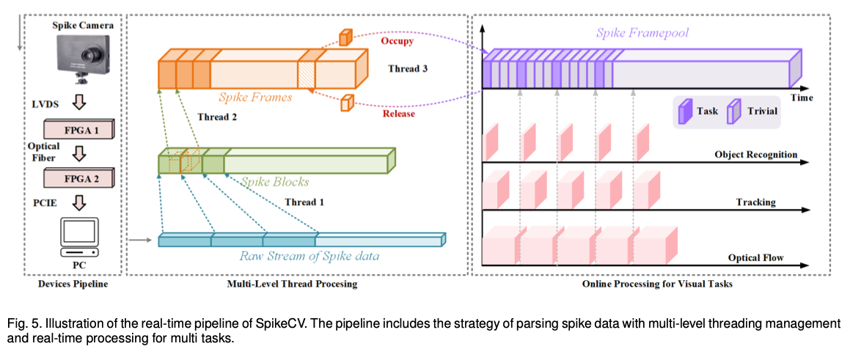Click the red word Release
[x=398, y=114]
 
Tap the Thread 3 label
[x=408, y=69]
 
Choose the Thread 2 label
[x=218, y=117]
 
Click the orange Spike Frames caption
[x=255, y=97]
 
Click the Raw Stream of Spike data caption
[x=308, y=256]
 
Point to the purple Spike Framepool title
[x=642, y=33]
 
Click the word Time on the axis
[x=801, y=98]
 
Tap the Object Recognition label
[x=755, y=155]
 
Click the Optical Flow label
[x=755, y=257]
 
